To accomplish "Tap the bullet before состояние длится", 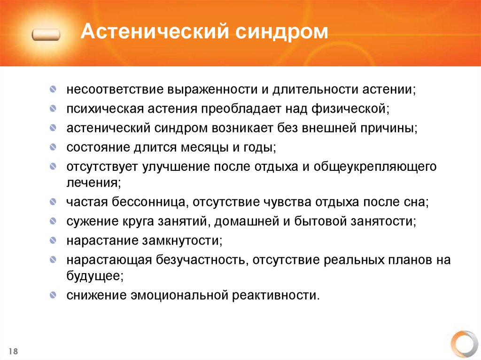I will coord(54,148).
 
